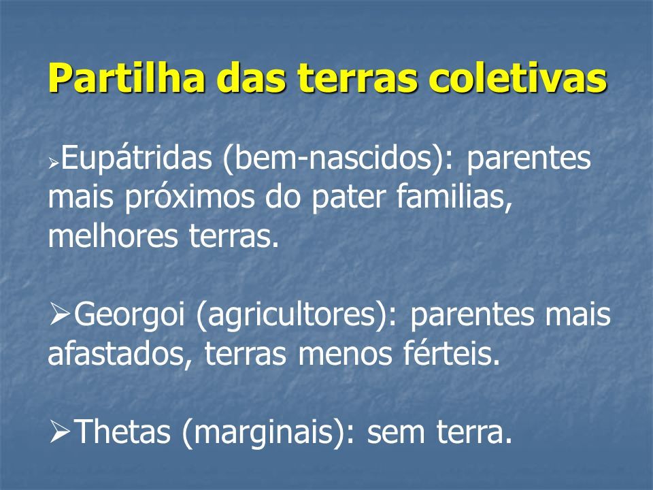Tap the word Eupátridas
137,159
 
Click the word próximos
190,197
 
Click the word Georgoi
129,315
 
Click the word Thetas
124,431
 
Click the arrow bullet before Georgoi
60,315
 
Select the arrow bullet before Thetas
60,431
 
